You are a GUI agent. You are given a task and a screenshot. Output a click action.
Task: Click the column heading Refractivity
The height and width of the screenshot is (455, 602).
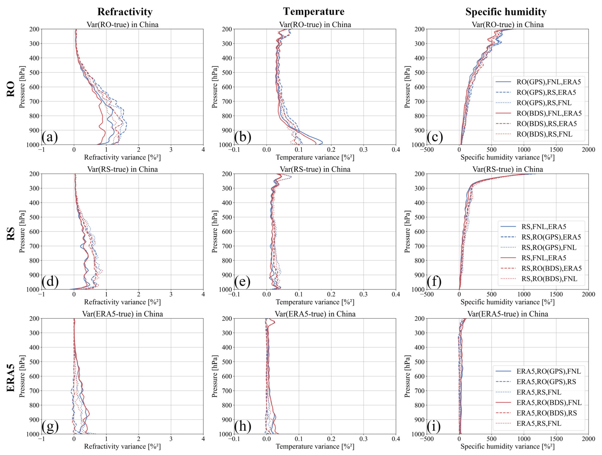click(125, 12)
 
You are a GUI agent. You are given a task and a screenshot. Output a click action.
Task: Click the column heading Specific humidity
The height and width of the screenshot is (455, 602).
click(506, 12)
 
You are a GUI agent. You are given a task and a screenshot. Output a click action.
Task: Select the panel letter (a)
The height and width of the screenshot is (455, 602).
click(50, 137)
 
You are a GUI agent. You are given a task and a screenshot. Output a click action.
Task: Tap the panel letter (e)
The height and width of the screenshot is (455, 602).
click(242, 282)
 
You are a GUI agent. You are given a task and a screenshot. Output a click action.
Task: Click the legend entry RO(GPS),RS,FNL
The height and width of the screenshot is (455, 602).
click(544, 103)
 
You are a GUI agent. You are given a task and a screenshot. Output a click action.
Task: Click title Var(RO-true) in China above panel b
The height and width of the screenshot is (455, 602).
click(315, 25)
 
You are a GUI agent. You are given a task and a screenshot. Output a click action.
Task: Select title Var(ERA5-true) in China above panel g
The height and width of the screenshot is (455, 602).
click(122, 314)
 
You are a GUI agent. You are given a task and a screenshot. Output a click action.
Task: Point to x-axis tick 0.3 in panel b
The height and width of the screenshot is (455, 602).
click(363, 149)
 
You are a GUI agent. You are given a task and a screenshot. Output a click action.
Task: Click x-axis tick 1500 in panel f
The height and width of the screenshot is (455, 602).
click(556, 294)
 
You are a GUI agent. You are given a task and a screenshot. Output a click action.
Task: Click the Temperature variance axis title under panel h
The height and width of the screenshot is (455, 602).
click(315, 446)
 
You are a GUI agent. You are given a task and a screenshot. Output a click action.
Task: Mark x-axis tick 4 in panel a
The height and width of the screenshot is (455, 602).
click(203, 149)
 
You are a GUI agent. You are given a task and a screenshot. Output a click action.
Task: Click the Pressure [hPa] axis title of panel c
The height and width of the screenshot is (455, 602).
click(407, 87)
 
